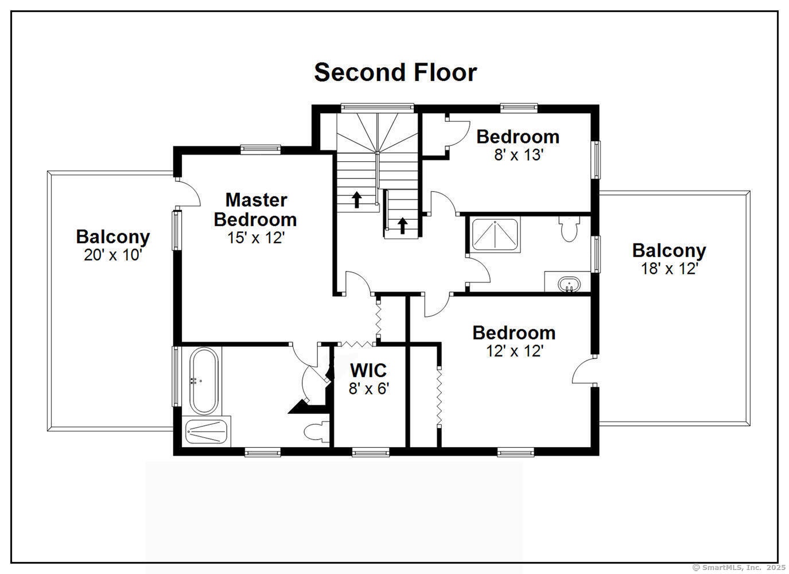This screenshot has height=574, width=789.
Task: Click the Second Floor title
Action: point(395,72)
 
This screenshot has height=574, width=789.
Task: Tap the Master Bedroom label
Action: point(255,210)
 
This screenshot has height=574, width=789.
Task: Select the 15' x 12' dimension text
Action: point(256,238)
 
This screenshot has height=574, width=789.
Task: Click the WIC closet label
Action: point(368,370)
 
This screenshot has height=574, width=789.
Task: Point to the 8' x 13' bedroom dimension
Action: point(518,154)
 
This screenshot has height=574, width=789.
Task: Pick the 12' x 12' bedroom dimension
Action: point(515,351)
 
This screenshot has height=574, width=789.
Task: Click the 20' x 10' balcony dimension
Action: point(112,254)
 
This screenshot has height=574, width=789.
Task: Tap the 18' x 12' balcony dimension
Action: point(669,269)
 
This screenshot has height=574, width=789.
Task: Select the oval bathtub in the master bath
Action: point(204,381)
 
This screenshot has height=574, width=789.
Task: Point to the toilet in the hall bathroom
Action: point(569,228)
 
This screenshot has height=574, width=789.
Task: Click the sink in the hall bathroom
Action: point(569,284)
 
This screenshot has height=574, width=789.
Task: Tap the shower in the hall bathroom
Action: point(495,235)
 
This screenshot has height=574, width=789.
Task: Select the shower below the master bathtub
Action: point(207,431)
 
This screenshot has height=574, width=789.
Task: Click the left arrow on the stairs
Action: point(357,200)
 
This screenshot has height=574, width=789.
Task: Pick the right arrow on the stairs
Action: point(402,226)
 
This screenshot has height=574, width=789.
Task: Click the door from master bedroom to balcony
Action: point(188,192)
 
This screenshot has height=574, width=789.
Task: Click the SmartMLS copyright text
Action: point(739,567)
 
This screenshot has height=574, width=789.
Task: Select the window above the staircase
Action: point(377,107)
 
